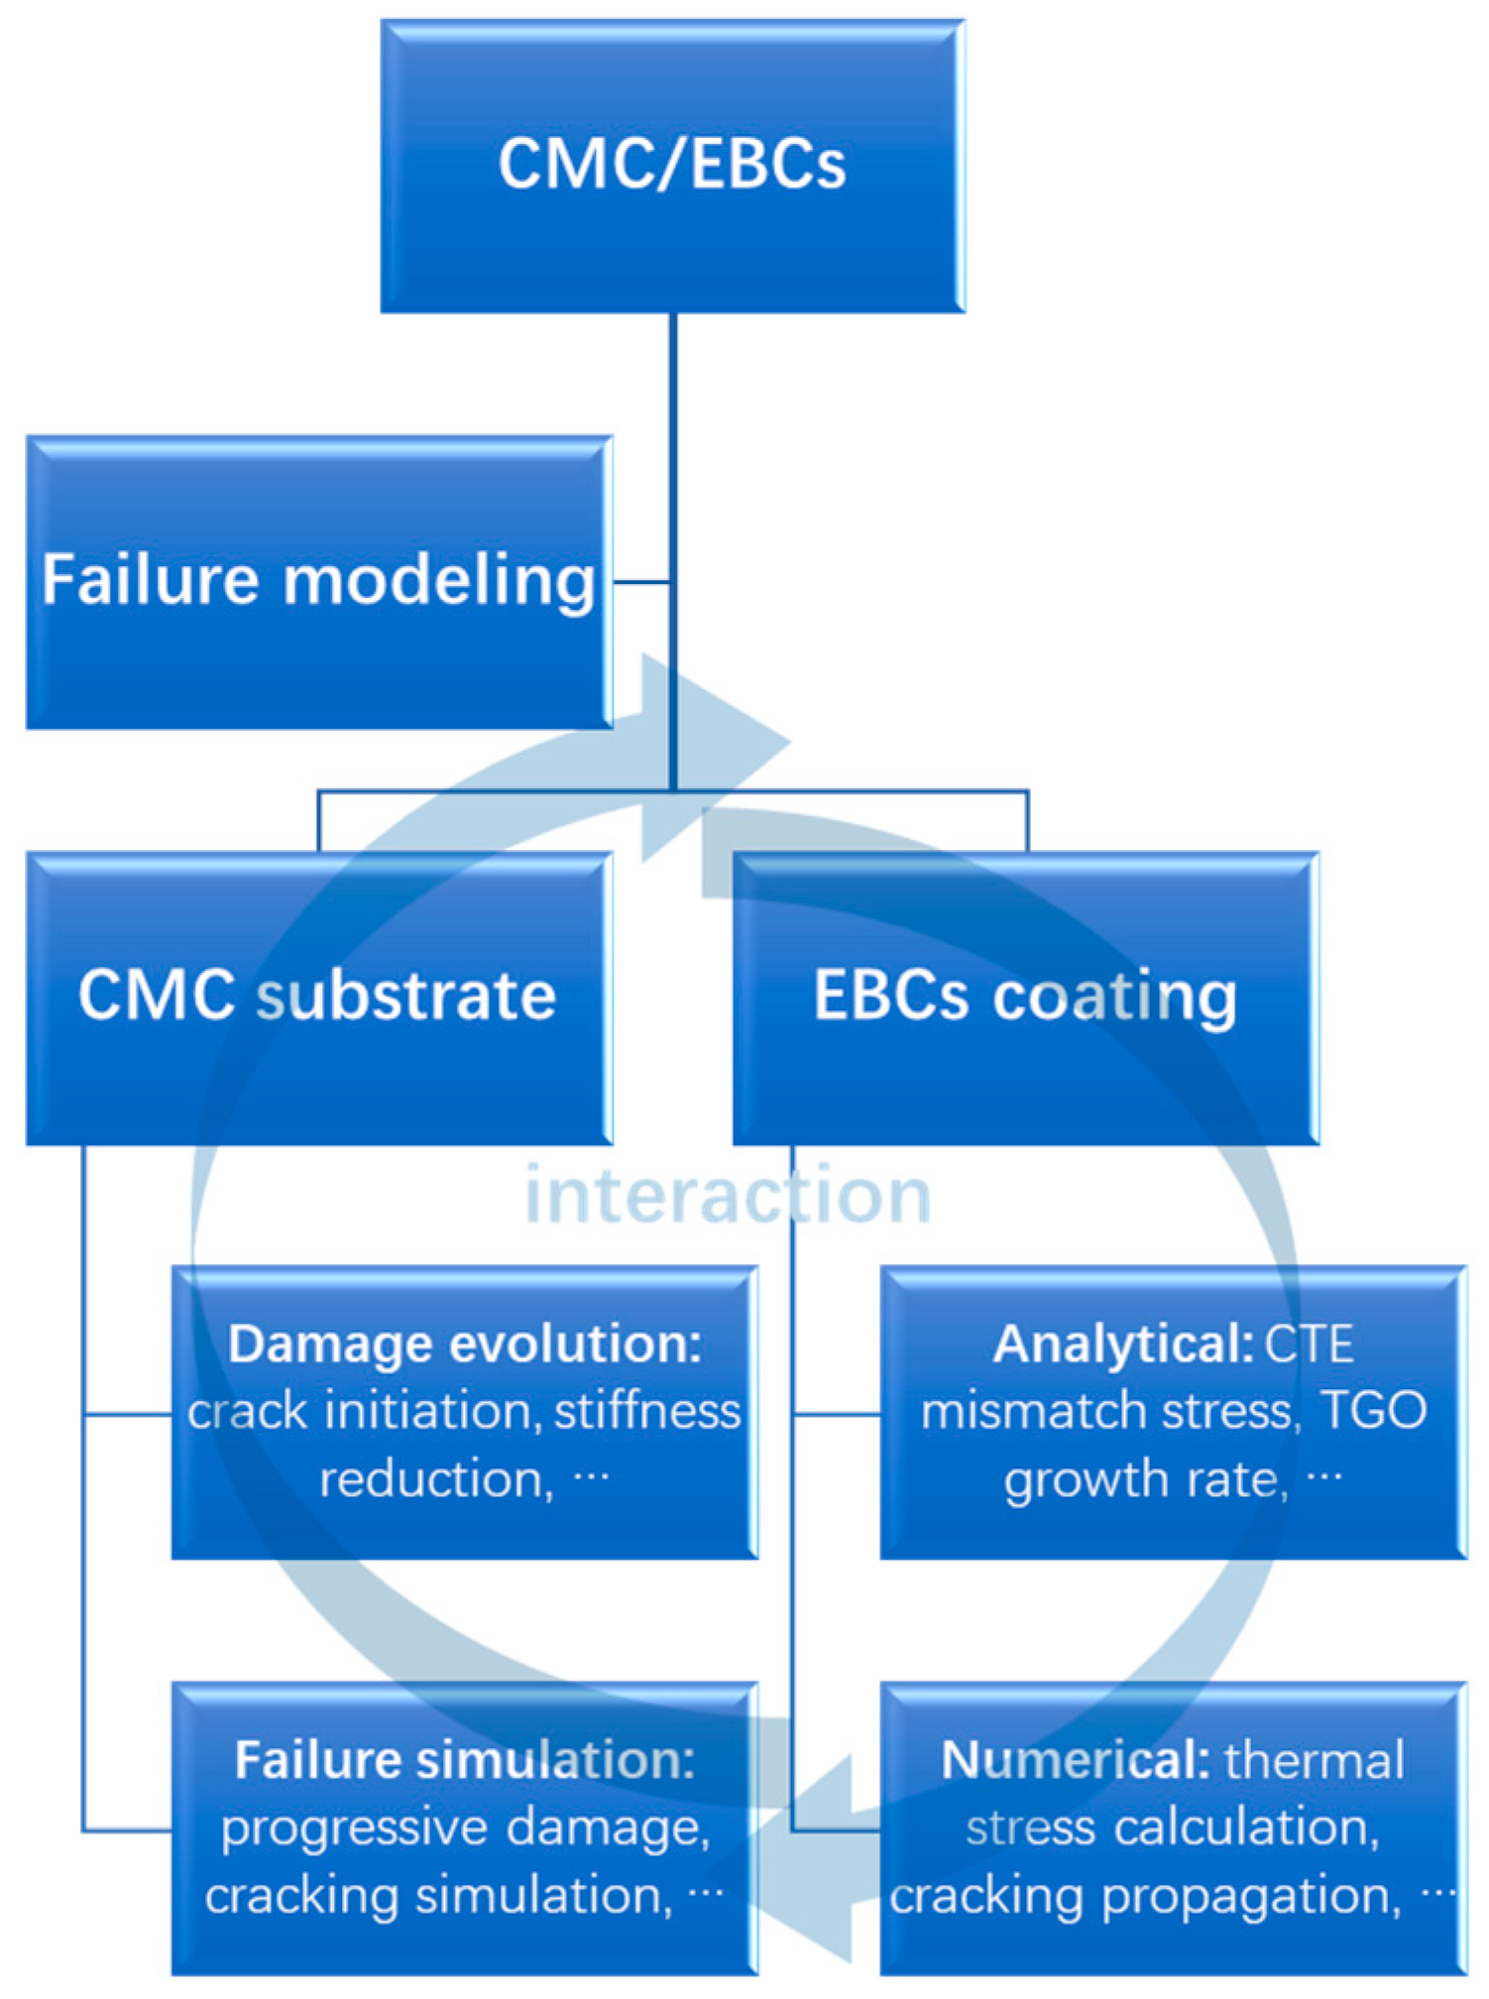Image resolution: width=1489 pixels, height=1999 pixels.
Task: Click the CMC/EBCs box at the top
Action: (672, 165)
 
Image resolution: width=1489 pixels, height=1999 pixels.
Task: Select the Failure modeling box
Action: (317, 582)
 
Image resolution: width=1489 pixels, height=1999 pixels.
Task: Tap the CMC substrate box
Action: (317, 996)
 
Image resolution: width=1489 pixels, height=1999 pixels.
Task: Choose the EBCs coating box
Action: (1025, 996)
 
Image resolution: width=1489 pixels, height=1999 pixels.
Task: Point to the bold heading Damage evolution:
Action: (464, 1345)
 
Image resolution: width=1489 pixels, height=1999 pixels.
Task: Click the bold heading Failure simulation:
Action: (464, 1761)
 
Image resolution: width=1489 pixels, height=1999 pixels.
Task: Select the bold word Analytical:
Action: (1123, 1345)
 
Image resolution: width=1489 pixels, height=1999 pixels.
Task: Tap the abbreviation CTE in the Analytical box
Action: (1309, 1345)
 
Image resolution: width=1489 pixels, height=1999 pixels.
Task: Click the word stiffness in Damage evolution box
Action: (646, 1411)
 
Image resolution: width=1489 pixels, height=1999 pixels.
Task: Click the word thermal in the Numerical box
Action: (1314, 1761)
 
